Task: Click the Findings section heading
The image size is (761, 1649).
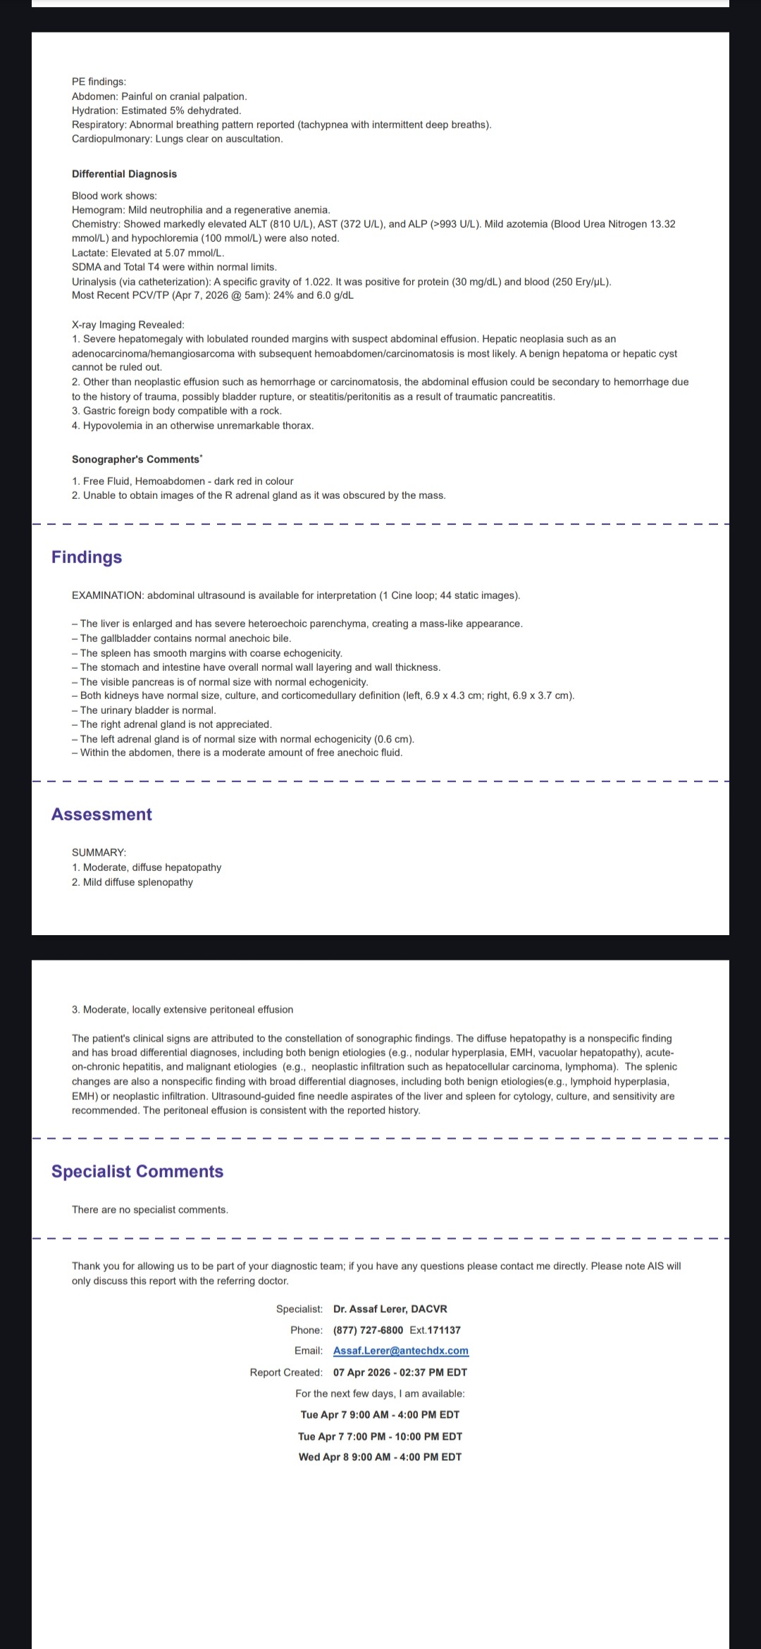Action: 87,557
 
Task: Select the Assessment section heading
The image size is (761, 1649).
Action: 101,815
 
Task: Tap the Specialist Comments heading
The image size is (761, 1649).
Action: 137,1171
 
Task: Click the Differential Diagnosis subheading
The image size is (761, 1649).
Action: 124,174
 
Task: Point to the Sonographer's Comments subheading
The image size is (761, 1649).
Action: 136,459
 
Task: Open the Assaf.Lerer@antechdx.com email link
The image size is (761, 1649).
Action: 400,1351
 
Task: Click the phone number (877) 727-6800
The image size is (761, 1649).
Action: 368,1330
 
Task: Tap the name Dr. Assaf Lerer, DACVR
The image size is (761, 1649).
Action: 390,1309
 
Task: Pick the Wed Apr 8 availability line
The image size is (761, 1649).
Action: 380,1457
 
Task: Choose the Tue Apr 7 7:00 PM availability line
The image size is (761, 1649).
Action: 380,1436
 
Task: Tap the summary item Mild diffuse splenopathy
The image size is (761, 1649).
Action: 137,882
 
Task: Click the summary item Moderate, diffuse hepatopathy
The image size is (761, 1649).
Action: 151,867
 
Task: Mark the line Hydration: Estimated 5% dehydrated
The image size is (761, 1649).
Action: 156,111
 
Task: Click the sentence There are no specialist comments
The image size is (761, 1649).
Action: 150,1210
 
